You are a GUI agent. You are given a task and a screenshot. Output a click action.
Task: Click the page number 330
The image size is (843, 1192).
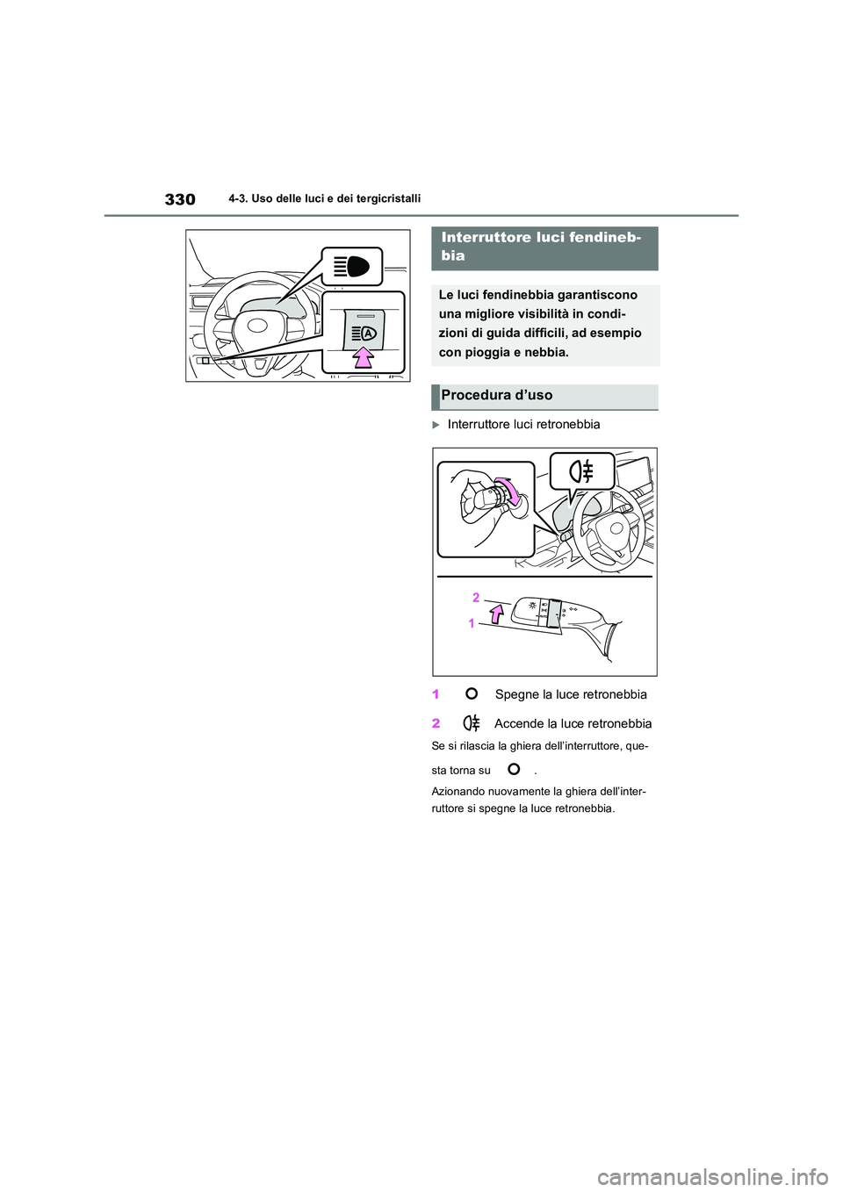pyautogui.click(x=180, y=199)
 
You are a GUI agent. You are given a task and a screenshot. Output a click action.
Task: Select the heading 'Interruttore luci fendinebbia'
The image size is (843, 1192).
pyautogui.click(x=540, y=247)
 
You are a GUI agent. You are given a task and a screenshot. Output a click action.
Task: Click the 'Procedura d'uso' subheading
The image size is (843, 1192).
pyautogui.click(x=497, y=396)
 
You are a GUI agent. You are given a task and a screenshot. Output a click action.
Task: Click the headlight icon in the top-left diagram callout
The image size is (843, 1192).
pyautogui.click(x=351, y=266)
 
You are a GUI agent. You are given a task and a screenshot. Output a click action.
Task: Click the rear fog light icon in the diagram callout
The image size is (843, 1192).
pyautogui.click(x=581, y=472)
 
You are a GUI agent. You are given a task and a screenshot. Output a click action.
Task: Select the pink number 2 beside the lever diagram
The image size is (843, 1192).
pyautogui.click(x=476, y=597)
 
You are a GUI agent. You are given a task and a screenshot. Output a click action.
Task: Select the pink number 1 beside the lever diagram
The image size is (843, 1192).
pyautogui.click(x=472, y=623)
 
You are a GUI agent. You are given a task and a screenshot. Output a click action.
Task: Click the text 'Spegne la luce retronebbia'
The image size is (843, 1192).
pyautogui.click(x=571, y=694)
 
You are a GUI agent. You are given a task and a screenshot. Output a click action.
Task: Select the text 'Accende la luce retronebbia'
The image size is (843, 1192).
pyautogui.click(x=573, y=723)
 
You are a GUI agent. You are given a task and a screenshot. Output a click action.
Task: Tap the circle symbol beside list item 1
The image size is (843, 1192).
pyautogui.click(x=472, y=693)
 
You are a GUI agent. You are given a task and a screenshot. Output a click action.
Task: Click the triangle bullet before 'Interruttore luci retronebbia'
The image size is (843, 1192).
pyautogui.click(x=436, y=425)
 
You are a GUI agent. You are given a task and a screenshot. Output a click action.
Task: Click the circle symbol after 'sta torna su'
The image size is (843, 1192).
pyautogui.click(x=514, y=769)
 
